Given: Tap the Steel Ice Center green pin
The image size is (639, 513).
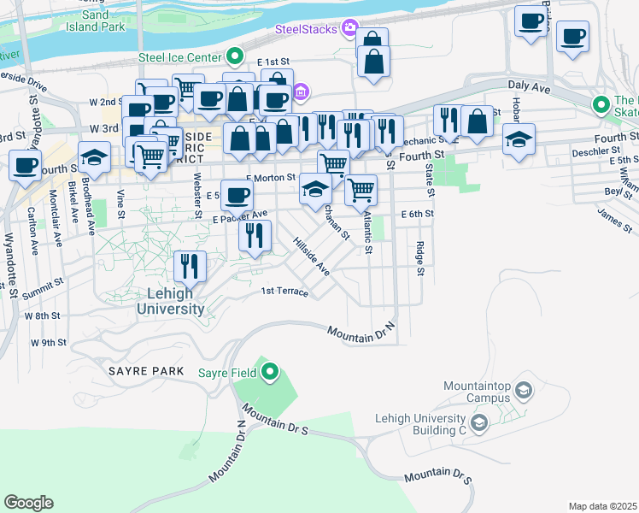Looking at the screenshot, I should [237, 57].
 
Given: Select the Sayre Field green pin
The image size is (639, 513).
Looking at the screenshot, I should [271, 372].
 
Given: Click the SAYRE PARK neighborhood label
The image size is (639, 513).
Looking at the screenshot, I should [146, 371].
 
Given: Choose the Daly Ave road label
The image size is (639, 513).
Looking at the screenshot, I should [531, 86].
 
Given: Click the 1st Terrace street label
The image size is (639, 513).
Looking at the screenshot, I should [284, 292].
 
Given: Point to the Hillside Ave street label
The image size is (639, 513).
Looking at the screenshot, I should [311, 256].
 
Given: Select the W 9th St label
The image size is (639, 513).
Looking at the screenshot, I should [49, 343].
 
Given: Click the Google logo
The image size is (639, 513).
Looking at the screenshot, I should [28, 502].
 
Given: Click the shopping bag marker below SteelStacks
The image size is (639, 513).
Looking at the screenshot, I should [373, 62].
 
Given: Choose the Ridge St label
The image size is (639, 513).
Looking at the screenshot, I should [419, 258].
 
